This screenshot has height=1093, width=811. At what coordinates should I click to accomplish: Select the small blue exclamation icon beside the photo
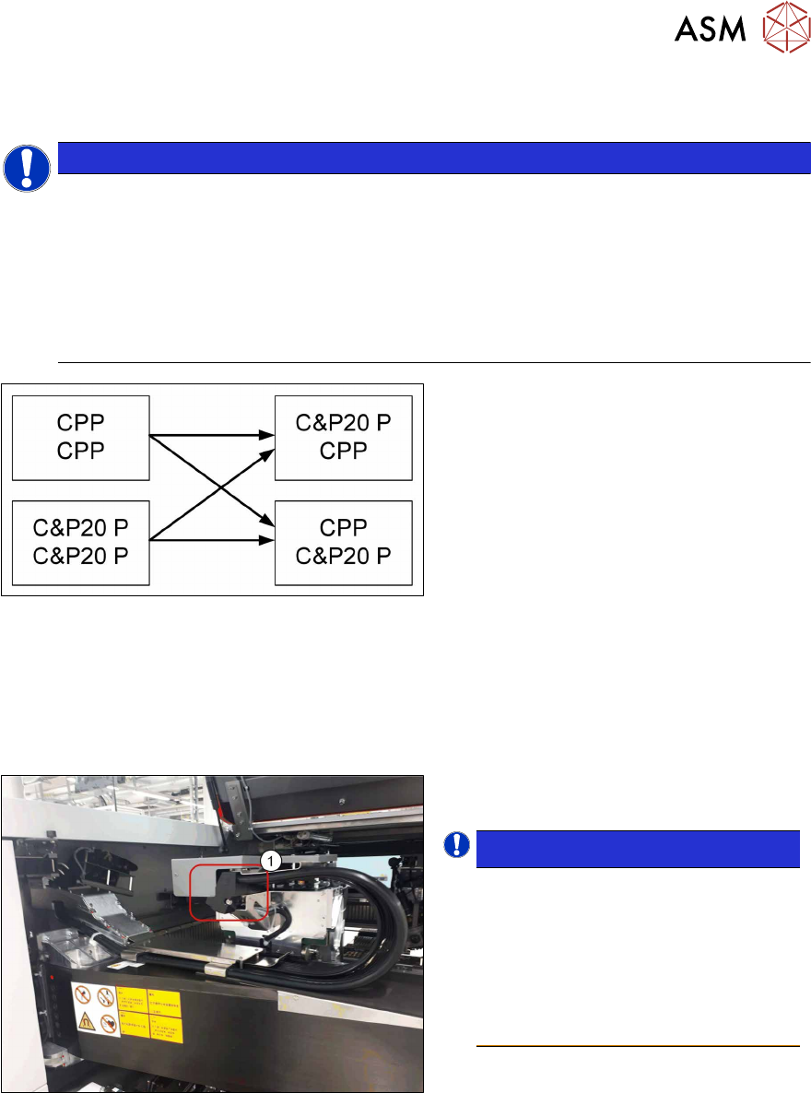tap(457, 845)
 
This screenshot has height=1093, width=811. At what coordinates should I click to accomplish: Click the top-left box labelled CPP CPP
tap(80, 438)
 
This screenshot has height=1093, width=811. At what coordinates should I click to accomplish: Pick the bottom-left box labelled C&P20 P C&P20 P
tap(80, 542)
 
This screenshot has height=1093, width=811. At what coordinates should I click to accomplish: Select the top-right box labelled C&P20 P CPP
tap(343, 438)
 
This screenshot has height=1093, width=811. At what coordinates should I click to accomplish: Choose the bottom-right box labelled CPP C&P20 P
tap(343, 542)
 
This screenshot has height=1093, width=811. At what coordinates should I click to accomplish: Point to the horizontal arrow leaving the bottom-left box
tap(212, 540)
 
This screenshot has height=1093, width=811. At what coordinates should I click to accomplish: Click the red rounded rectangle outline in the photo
tap(228, 893)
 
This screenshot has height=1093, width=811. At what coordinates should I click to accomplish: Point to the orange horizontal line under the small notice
tap(637, 1046)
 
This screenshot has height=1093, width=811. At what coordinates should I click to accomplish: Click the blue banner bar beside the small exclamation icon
tap(637, 849)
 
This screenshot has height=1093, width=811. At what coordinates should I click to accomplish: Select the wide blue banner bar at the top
tap(433, 158)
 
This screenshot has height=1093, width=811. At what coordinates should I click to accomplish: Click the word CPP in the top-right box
tap(343, 450)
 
